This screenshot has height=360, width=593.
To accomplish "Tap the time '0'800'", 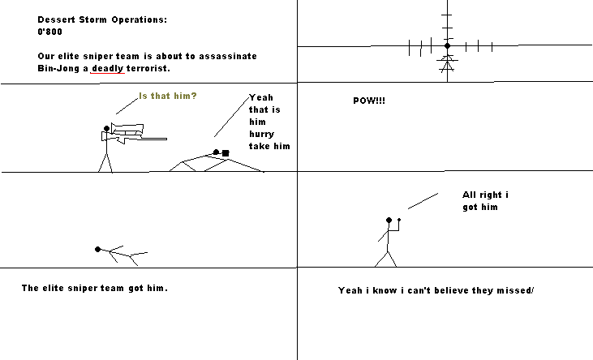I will click(x=51, y=33).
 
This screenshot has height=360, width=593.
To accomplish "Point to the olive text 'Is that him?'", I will click(x=168, y=96).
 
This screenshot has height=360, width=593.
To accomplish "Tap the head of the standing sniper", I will click(x=105, y=128).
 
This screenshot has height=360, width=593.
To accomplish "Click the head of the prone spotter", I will click(x=216, y=152).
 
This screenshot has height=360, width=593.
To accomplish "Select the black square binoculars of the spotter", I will click(x=226, y=152).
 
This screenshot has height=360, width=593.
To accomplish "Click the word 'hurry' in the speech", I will click(x=262, y=134).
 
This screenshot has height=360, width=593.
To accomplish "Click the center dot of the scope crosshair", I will click(x=446, y=46).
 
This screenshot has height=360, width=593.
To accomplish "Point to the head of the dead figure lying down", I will click(x=98, y=249).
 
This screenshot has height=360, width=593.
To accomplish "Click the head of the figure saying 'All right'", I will click(x=389, y=220).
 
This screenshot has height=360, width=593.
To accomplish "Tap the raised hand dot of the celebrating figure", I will click(x=400, y=218).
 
